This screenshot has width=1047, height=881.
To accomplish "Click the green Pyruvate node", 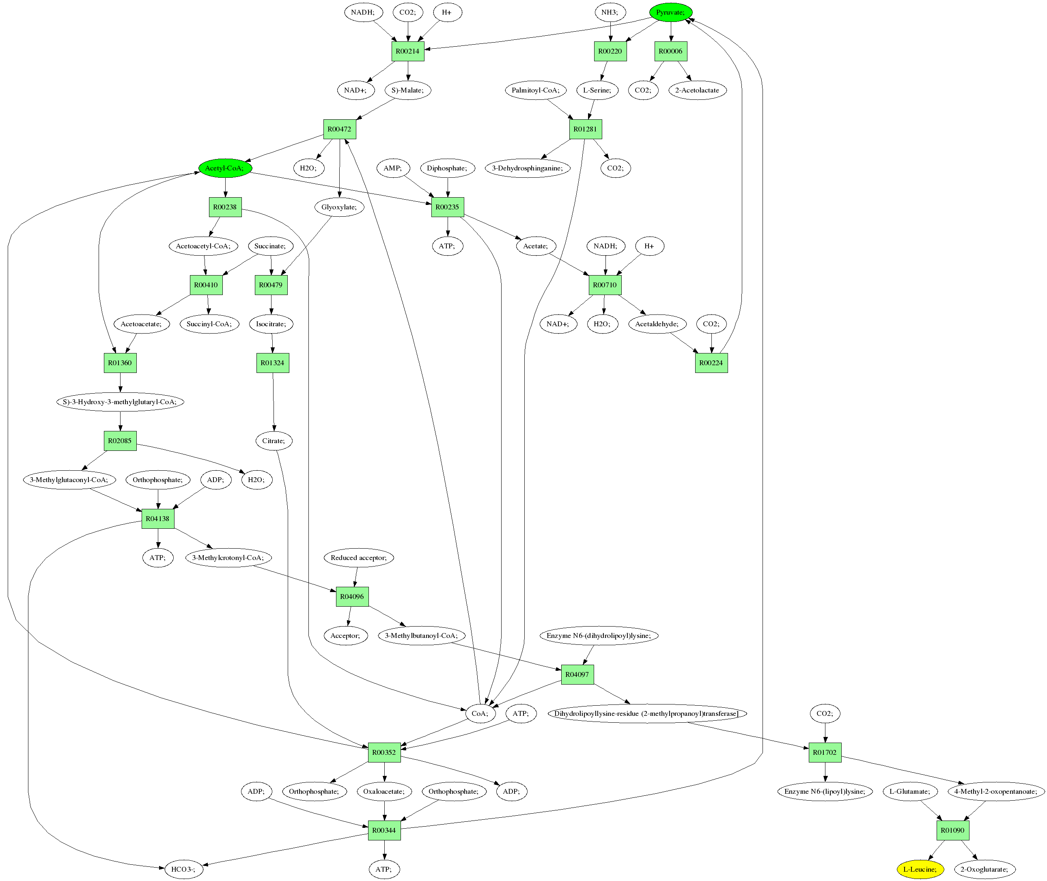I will [670, 12].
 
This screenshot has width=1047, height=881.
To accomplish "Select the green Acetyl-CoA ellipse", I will [225, 168].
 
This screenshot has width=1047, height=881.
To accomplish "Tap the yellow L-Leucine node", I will [920, 869].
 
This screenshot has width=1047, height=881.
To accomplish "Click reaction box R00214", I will [407, 51].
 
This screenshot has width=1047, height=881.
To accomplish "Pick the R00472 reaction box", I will [339, 129].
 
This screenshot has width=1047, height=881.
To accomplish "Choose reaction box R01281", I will [585, 129].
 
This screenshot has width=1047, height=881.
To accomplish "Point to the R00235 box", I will [447, 207].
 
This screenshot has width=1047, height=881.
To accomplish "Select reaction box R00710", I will [605, 285].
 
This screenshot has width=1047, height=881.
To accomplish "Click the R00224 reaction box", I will [711, 363].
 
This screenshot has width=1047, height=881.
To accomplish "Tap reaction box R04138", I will [158, 518].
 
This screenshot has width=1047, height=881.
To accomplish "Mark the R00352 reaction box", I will [384, 752].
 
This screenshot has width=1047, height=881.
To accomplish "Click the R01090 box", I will [952, 830].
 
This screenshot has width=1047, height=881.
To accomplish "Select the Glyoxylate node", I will [339, 207].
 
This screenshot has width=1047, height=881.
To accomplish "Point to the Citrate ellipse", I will [274, 441].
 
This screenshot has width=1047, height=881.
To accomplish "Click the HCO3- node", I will [183, 869].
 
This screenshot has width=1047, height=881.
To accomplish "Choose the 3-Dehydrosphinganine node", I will [528, 168].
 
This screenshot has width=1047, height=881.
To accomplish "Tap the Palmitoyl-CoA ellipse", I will [536, 90].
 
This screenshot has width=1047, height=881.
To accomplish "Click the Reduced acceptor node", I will [359, 557].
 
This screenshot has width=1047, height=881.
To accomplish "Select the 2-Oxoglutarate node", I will [985, 869].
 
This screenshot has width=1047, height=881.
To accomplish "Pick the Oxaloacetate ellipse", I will [384, 791].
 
